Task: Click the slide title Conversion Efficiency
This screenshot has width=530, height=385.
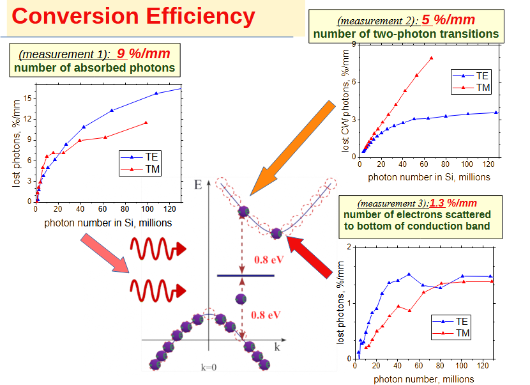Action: coord(133,17)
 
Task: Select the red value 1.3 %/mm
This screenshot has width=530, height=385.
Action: coord(453,204)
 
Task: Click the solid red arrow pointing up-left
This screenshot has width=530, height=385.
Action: coord(314,259)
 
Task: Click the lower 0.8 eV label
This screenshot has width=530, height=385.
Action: coord(266,315)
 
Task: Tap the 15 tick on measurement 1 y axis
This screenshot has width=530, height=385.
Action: coord(27,98)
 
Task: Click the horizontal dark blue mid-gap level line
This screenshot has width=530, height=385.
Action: coord(246,276)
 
